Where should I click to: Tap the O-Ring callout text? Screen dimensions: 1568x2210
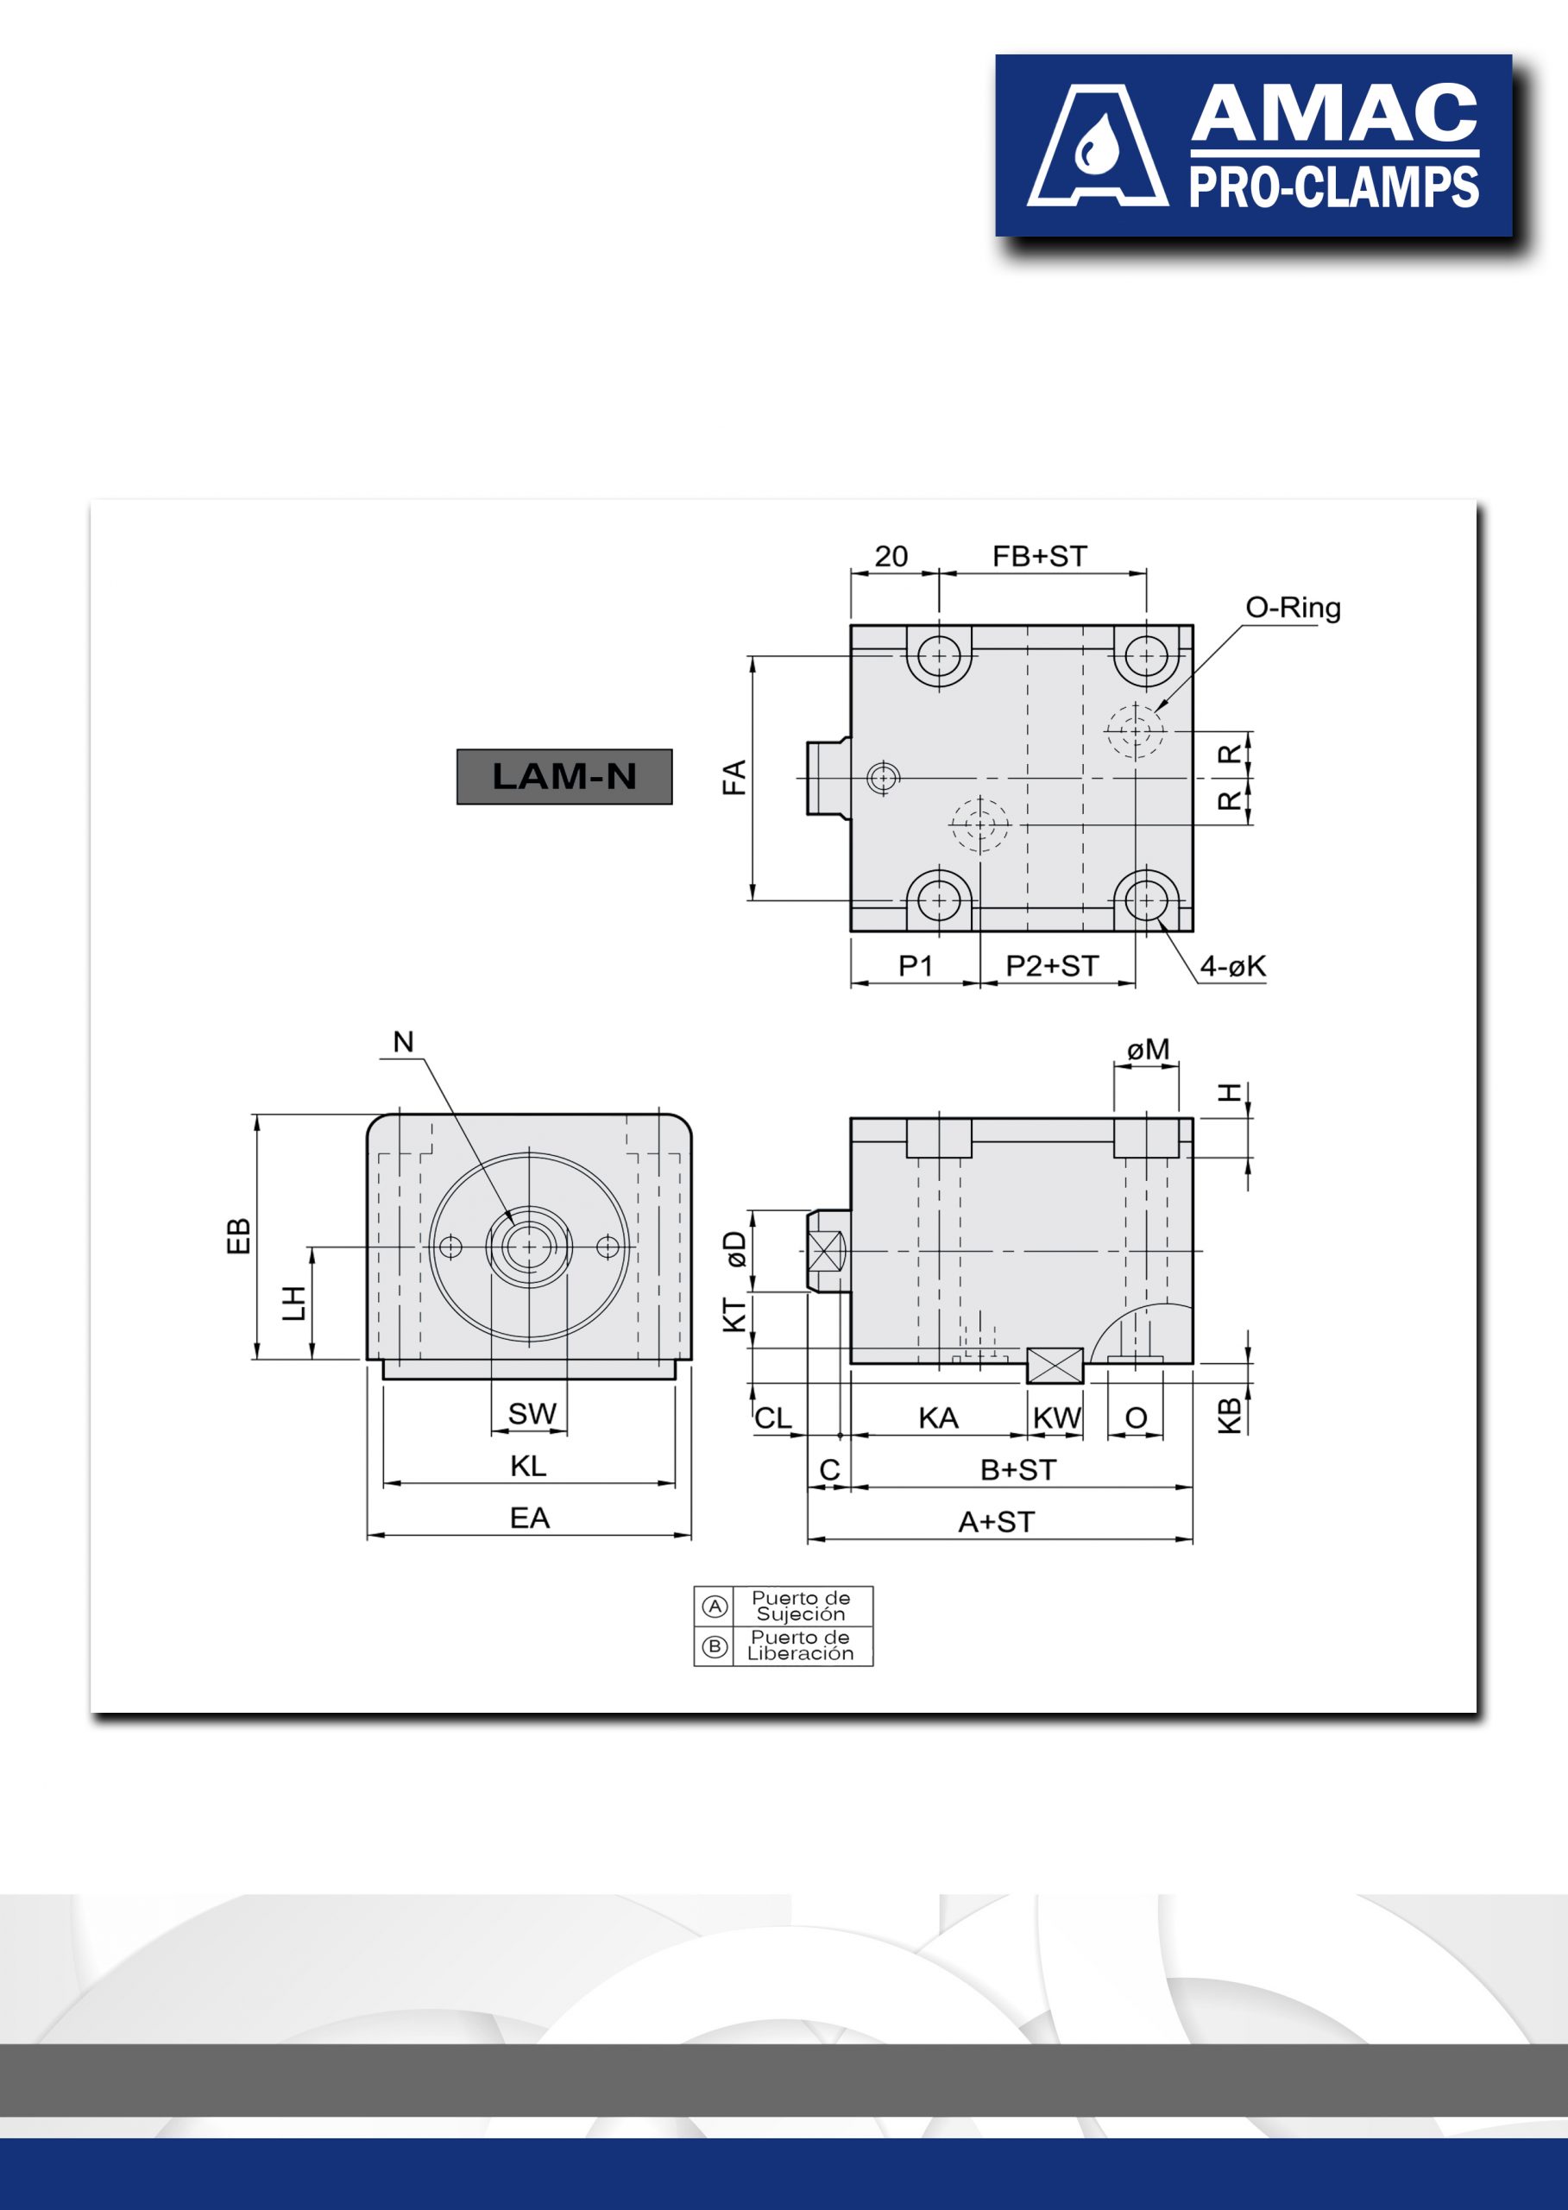click(x=1293, y=608)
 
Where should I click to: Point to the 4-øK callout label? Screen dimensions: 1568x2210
click(x=1232, y=966)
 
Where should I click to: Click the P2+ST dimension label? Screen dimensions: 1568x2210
click(x=1053, y=966)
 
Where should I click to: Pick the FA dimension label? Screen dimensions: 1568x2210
click(x=734, y=778)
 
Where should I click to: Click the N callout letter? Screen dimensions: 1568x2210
click(x=404, y=1041)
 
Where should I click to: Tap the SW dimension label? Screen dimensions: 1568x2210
click(x=532, y=1413)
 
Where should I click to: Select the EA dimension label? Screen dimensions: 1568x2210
click(x=529, y=1518)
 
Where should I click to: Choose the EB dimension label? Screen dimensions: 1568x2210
click(x=237, y=1236)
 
